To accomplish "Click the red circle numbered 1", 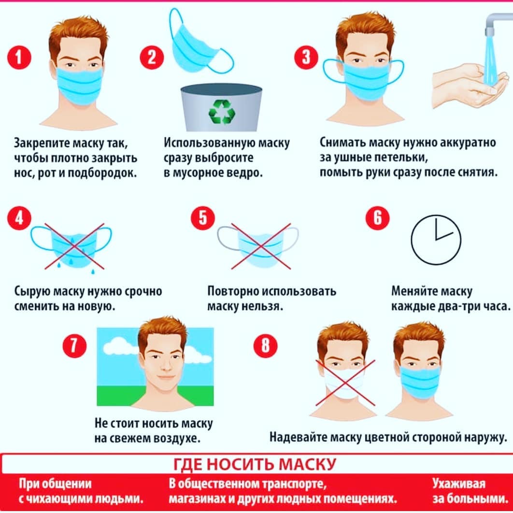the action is click(x=19, y=57).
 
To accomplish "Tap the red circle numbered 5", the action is click(x=203, y=217).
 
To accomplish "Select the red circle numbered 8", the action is click(x=265, y=345).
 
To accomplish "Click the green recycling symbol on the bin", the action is click(x=222, y=112).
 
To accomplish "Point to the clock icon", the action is click(x=436, y=240).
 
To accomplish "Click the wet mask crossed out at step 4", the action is click(x=71, y=246).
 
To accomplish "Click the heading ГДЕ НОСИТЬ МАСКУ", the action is click(x=255, y=464).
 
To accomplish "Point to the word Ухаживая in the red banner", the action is click(x=459, y=484).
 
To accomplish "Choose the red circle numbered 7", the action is click(x=74, y=345).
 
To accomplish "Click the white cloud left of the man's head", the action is click(x=121, y=347).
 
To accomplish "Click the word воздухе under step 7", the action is click(x=177, y=439).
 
